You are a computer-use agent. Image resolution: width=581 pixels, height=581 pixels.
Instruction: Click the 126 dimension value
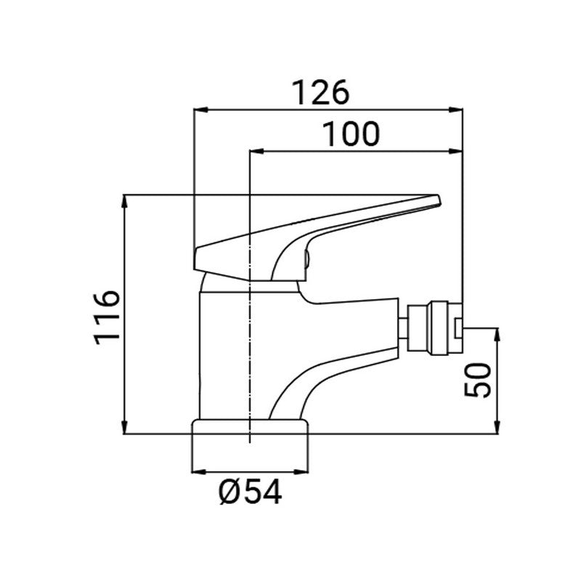320,92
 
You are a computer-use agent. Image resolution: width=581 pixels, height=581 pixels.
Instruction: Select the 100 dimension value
350,134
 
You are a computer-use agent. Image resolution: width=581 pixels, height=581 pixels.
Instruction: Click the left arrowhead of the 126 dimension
198,110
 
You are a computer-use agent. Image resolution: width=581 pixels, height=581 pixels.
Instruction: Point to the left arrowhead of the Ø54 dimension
198,471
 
